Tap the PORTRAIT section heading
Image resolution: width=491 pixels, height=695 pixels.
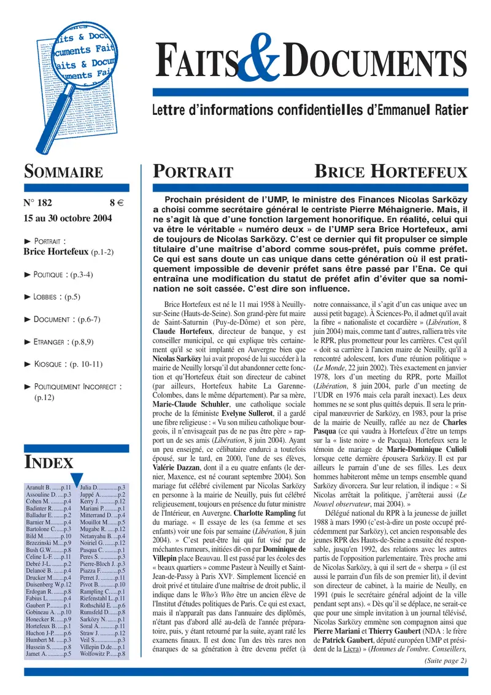click(193, 173)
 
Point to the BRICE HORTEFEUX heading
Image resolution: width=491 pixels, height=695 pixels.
click(390, 173)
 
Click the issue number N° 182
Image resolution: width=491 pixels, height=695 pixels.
click(39, 202)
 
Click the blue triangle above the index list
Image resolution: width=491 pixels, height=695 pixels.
click(77, 477)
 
